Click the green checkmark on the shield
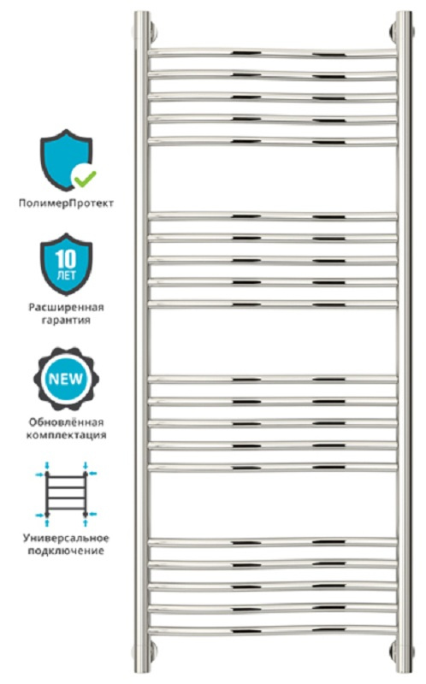(85, 177)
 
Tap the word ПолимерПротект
(66, 203)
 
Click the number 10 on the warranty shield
(66, 260)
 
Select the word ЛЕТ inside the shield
(67, 275)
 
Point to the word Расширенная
(67, 307)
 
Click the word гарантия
(66, 320)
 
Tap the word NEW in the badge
(66, 378)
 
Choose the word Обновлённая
(67, 422)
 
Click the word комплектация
(67, 435)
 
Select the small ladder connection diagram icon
(67, 495)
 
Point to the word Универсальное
(66, 538)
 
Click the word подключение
(66, 551)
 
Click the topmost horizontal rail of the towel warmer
(273, 53)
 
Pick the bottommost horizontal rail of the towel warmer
(273, 630)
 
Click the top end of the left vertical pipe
(142, 12)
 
